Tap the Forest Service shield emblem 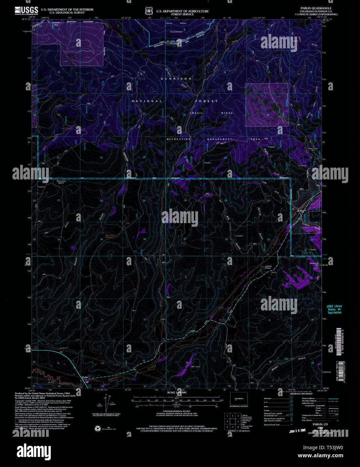[149, 11]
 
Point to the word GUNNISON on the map [176, 79]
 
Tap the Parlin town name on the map [84, 377]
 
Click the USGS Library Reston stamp [334, 309]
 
